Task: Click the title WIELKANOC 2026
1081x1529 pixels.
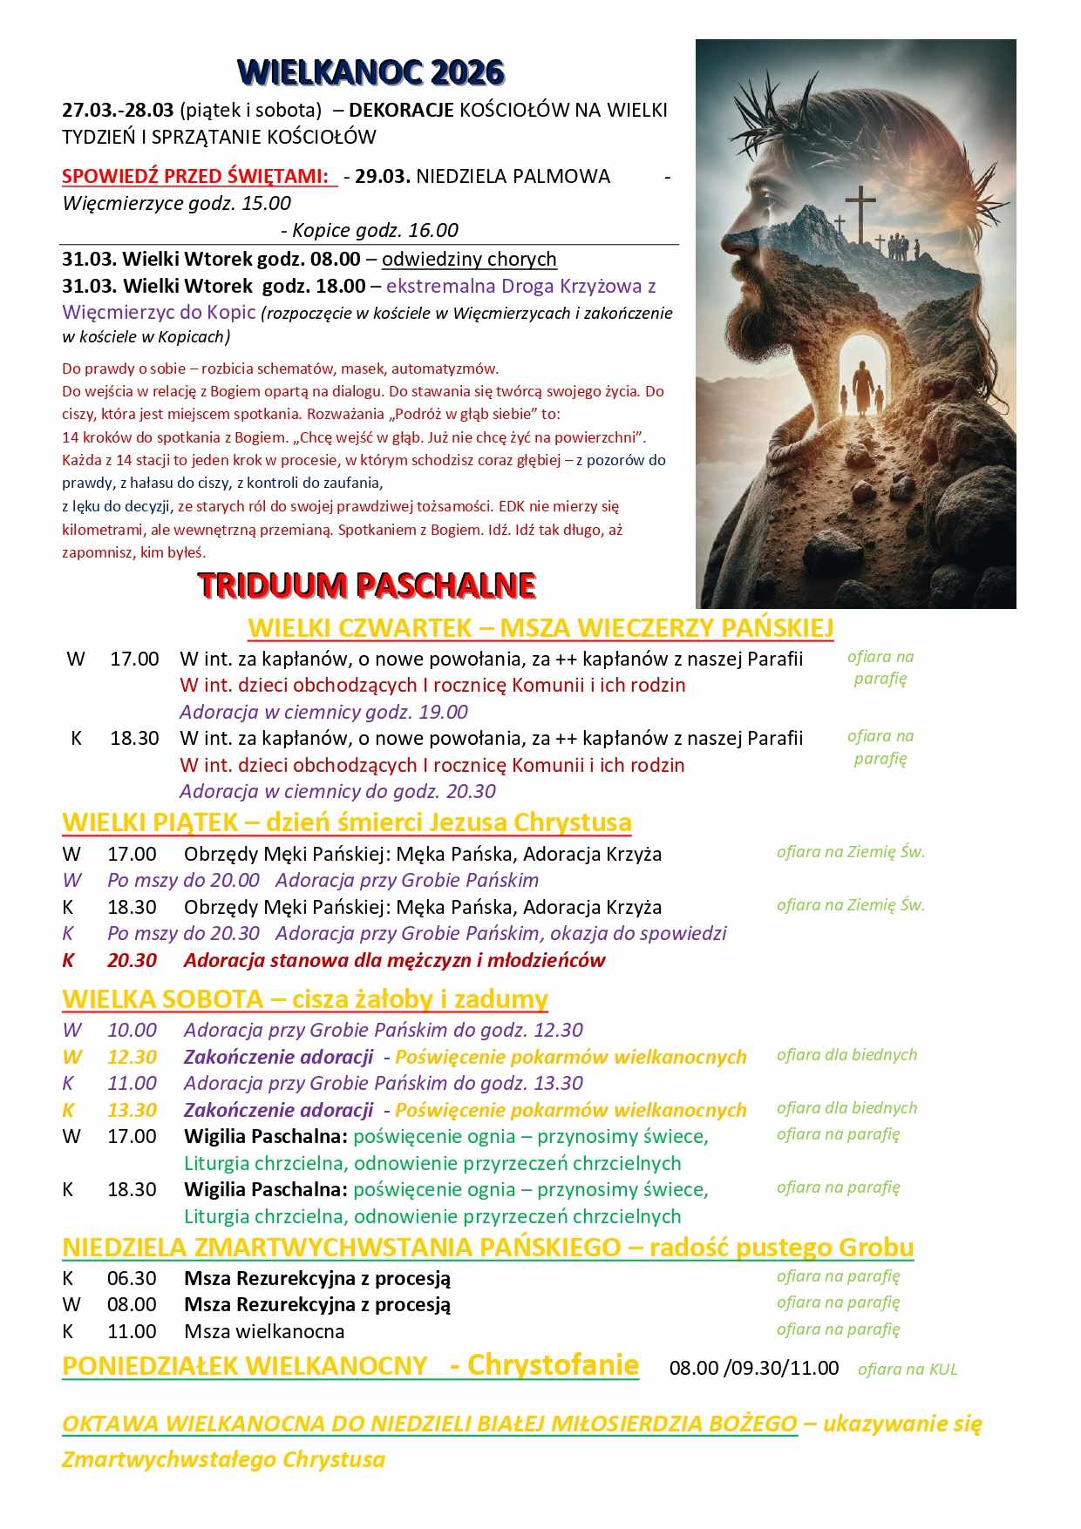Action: point(371,72)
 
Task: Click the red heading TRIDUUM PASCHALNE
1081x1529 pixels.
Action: point(366,585)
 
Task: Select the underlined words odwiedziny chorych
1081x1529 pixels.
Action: point(469,259)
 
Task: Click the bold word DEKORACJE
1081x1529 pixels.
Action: point(401,110)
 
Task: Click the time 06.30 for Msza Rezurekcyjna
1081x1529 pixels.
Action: point(132,1278)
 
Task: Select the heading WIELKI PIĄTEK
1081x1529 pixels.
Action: point(149,822)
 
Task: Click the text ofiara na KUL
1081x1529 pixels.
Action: point(907,1369)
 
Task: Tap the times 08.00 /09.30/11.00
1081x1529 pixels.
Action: point(753,1368)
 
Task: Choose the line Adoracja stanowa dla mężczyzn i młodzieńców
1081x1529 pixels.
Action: point(394,960)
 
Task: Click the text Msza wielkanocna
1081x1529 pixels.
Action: point(264,1331)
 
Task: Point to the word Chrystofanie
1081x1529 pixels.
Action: point(553,1364)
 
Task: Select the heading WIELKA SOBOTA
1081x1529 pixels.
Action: point(162,998)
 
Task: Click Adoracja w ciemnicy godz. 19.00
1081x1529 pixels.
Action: point(323,712)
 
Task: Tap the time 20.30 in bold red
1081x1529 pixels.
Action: point(132,960)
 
